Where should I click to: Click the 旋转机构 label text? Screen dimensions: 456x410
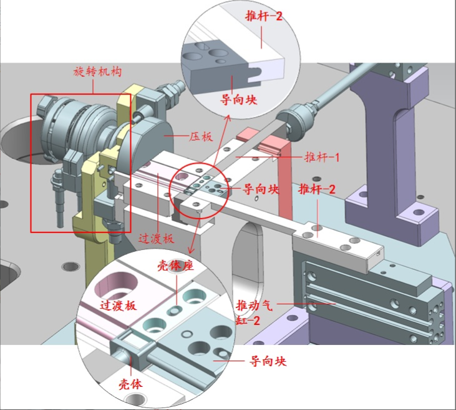97,72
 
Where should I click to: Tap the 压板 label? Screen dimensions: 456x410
201,137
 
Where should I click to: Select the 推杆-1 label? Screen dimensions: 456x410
322,157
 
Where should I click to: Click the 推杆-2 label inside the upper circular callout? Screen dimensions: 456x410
264,16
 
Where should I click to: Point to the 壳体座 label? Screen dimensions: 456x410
175,266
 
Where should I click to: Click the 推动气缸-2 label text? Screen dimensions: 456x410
254,312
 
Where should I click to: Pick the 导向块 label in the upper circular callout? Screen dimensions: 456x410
238,99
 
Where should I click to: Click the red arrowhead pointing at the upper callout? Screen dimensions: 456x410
228,117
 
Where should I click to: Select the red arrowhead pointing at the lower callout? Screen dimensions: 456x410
191,250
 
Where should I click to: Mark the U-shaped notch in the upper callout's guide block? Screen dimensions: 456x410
255,73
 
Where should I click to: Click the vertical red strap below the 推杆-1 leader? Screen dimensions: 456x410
284,180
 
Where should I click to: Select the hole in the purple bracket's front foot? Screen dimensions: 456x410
418,212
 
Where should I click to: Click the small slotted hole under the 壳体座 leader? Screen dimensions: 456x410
175,311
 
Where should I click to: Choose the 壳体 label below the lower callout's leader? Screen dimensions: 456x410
130,384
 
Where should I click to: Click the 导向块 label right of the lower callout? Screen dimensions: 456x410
268,361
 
